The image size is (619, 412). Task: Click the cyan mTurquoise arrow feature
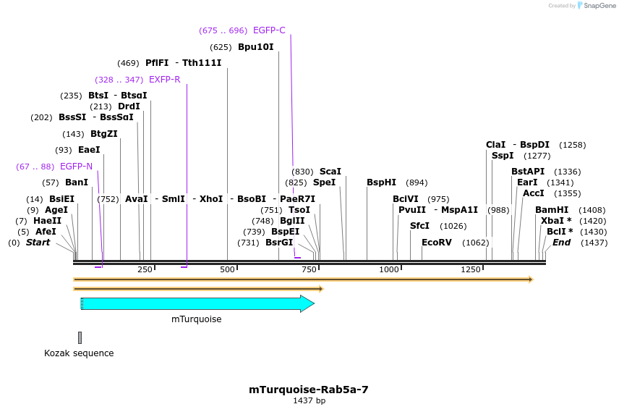(x=195, y=303)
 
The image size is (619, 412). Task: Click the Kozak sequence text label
(x=79, y=353)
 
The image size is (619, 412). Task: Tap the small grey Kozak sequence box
(x=80, y=337)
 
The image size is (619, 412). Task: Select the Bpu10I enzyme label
(x=256, y=47)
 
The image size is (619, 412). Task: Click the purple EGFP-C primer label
(x=269, y=30)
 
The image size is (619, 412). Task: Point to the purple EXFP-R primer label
(x=164, y=79)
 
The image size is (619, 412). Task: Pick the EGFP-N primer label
(x=76, y=167)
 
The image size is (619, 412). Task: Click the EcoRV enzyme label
(x=436, y=243)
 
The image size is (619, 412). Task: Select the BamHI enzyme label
(x=552, y=210)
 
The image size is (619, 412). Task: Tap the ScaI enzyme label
(x=330, y=172)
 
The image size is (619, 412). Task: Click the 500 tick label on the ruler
(x=228, y=269)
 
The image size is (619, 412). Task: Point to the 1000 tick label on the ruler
(x=390, y=269)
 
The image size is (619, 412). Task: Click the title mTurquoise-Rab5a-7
(x=309, y=389)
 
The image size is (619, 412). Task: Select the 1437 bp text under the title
(x=309, y=400)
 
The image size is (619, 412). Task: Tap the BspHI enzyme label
(x=381, y=182)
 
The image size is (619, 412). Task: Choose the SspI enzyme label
(x=503, y=156)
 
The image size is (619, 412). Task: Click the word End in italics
(x=561, y=243)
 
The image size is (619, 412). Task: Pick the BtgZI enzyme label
(x=104, y=134)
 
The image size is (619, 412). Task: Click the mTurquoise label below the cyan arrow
(x=196, y=319)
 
